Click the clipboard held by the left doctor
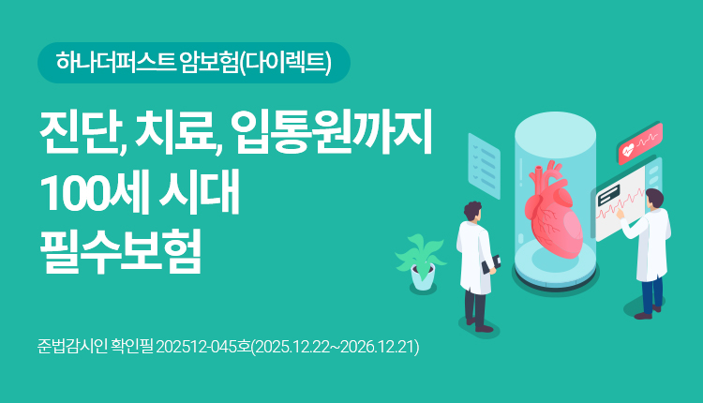click(488, 267)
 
